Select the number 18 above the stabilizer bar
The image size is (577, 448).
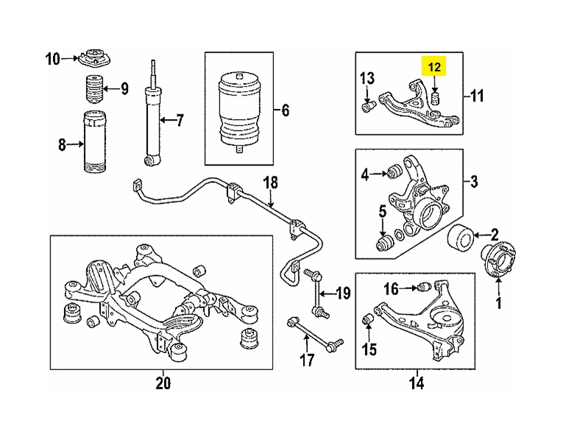pyautogui.click(x=270, y=182)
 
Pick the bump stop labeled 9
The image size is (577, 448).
pyautogui.click(x=93, y=89)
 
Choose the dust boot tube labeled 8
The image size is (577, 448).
pyautogui.click(x=93, y=143)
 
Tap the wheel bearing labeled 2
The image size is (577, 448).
pyautogui.click(x=462, y=238)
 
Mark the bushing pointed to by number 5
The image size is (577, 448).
pyautogui.click(x=383, y=242)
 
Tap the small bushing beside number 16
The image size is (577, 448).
pyautogui.click(x=424, y=286)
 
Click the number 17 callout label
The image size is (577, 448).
pyautogui.click(x=306, y=360)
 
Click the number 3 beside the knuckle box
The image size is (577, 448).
pyautogui.click(x=475, y=181)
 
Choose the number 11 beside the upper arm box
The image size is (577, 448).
pyautogui.click(x=477, y=95)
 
